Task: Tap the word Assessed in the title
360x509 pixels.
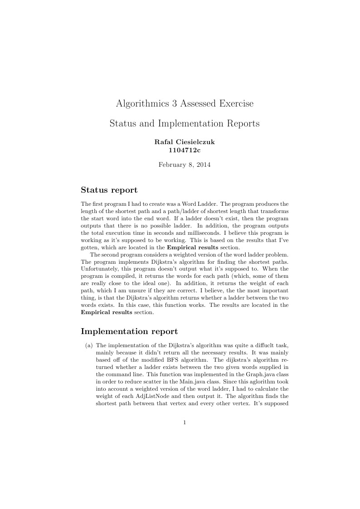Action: pos(199,104)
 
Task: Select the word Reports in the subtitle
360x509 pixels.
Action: pos(239,123)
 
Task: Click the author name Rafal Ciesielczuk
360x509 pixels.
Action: pos(185,142)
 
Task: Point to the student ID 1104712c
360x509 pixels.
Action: pos(185,150)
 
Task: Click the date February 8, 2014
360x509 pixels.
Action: pos(185,165)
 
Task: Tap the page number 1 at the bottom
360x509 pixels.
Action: pos(185,422)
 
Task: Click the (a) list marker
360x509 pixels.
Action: pos(89,346)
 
